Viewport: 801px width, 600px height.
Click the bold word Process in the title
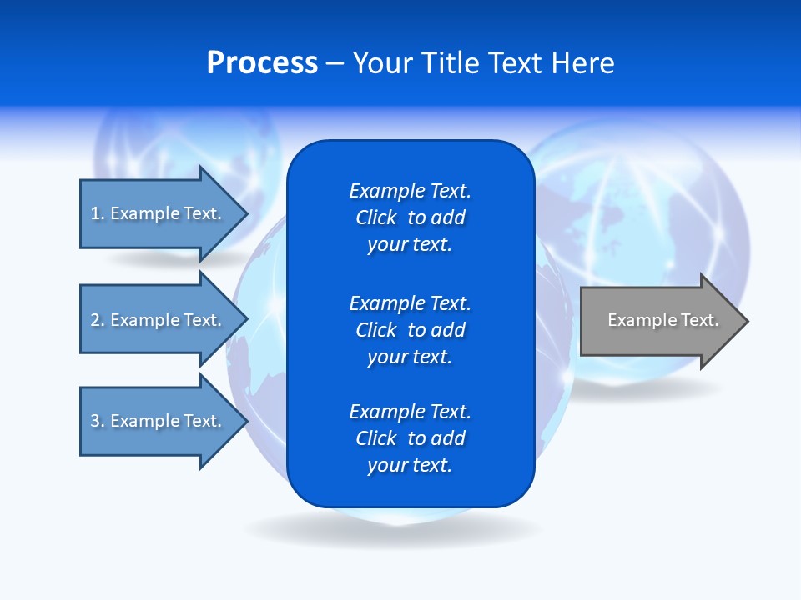262,63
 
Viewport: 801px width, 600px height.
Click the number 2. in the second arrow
98,320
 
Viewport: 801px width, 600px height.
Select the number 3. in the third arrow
98,421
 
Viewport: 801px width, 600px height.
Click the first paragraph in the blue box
410,217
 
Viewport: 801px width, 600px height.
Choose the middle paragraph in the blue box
410,330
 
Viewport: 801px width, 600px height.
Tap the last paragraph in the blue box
410,438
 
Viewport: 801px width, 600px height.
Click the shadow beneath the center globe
392,530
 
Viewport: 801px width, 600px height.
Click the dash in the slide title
335,64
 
